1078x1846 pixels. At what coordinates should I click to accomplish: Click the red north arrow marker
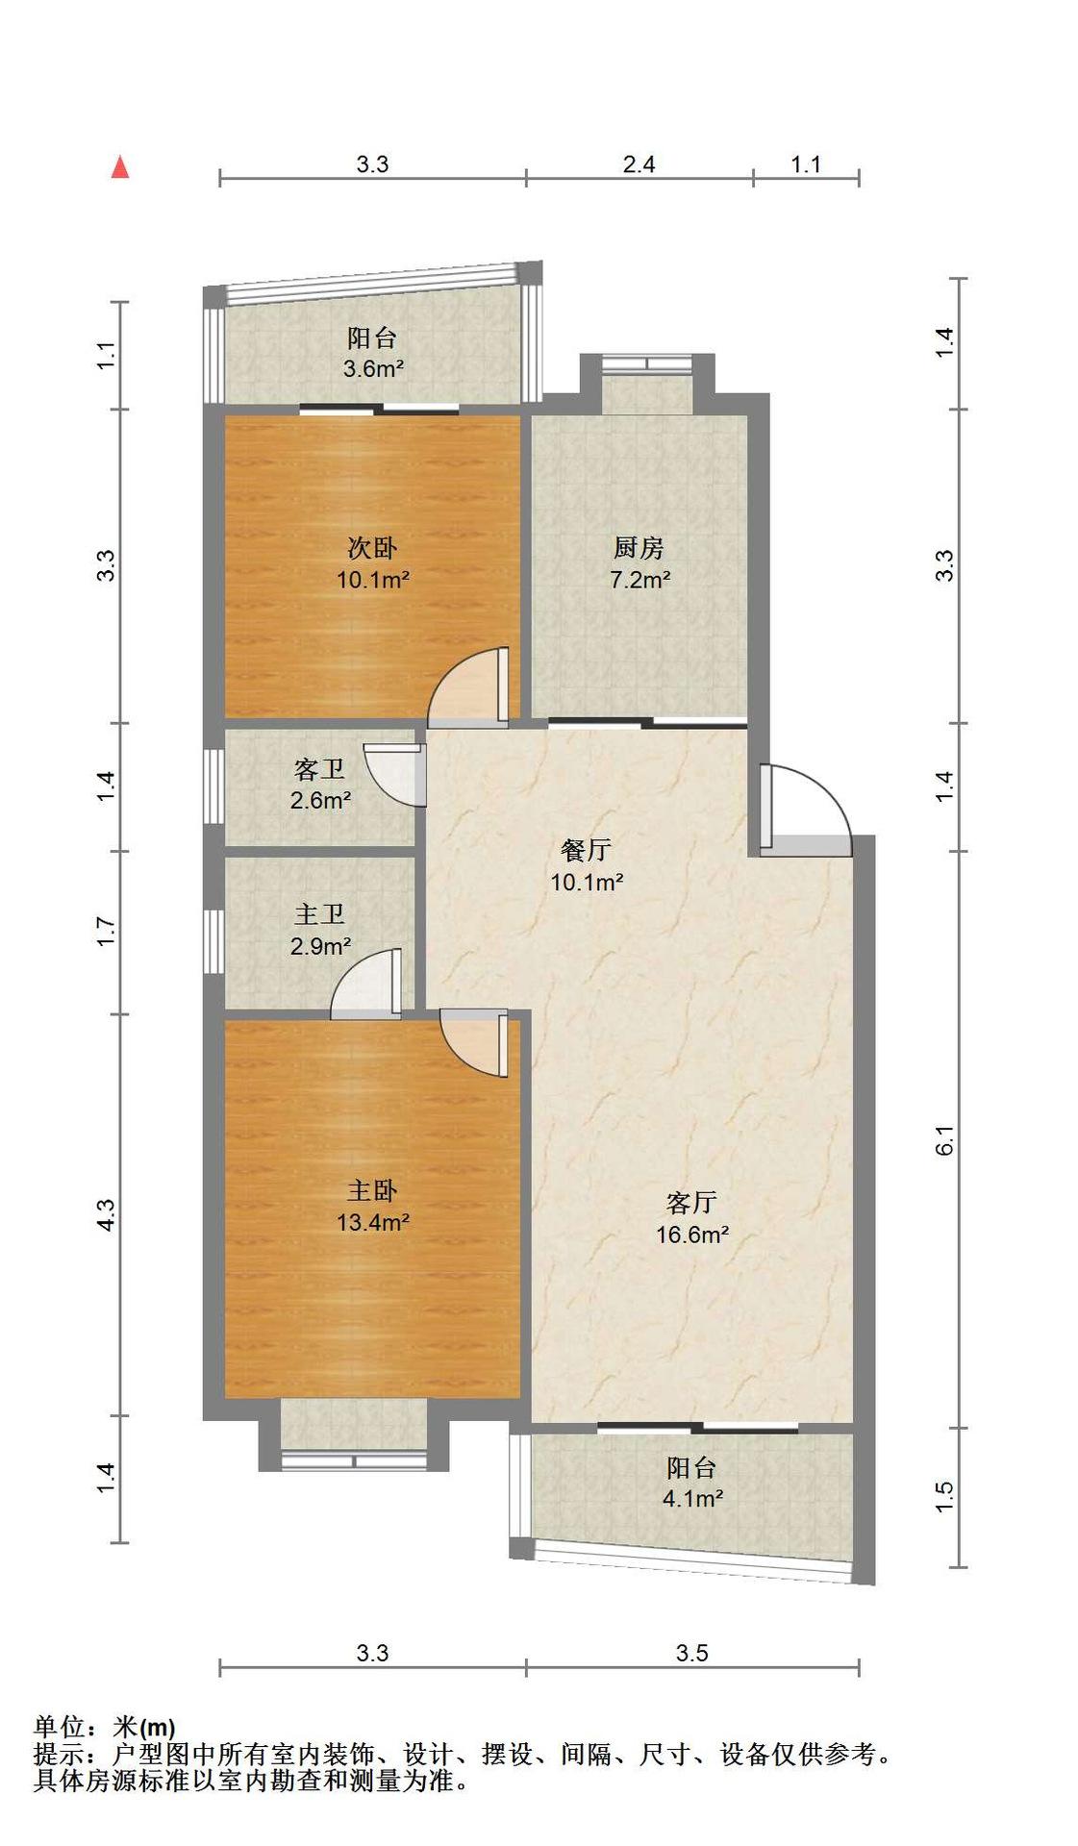[120, 167]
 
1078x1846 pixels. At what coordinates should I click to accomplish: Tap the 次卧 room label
[372, 548]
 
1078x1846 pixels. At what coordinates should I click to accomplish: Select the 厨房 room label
[639, 548]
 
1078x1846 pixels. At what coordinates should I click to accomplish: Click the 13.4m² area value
[373, 1222]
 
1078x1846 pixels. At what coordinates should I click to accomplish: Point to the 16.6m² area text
[692, 1234]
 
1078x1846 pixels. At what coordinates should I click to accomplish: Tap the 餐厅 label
[586, 850]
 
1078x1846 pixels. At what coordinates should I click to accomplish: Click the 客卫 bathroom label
[319, 769]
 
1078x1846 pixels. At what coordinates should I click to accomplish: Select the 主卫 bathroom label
[319, 914]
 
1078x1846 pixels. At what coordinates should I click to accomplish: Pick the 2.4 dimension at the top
[639, 164]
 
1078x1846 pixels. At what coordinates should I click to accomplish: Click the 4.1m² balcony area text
[692, 1498]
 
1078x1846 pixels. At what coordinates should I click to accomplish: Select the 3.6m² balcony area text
[373, 367]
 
